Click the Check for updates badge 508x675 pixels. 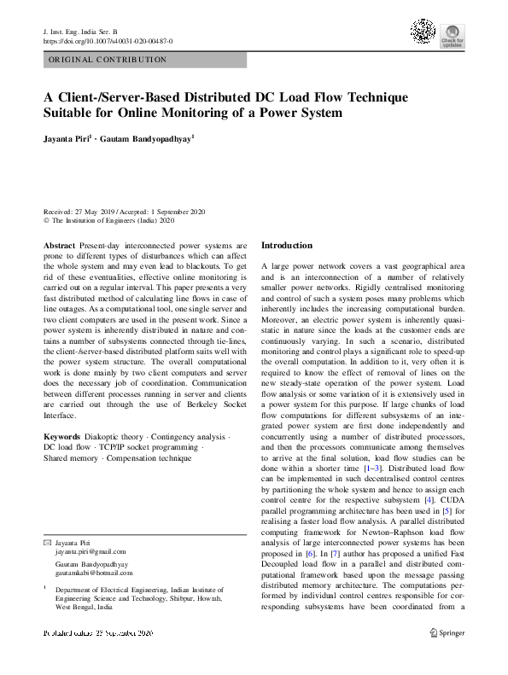point(452,37)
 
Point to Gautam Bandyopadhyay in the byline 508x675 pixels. point(146,136)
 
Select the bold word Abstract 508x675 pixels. point(59,245)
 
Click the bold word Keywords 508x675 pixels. point(62,437)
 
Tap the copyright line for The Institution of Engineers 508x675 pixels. point(108,219)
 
